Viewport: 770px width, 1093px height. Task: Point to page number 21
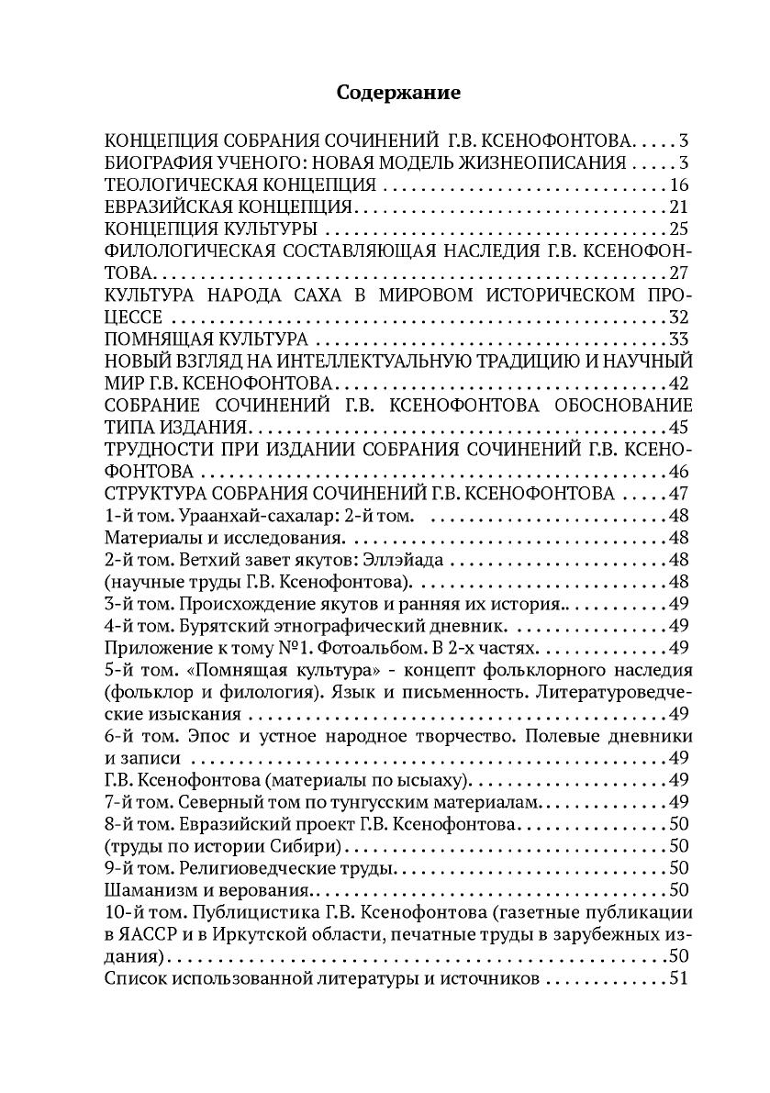(x=679, y=206)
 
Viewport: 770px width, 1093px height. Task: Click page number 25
(x=679, y=229)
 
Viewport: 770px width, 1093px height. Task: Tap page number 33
(x=679, y=338)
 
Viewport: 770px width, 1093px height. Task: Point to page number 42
(x=679, y=382)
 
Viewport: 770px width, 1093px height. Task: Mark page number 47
(x=679, y=495)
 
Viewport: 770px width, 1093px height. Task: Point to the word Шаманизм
(x=148, y=888)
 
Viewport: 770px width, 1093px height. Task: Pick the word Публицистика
(x=230, y=911)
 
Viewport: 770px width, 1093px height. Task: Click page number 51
(x=679, y=976)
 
